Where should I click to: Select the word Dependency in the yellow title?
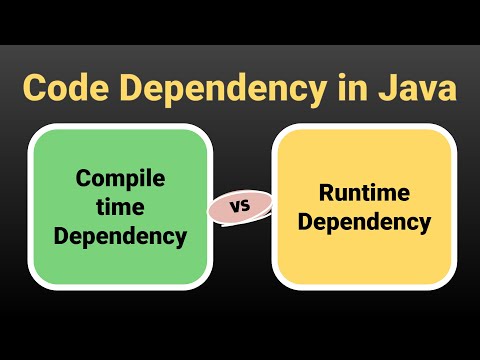(x=236, y=89)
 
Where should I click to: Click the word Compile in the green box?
(x=120, y=181)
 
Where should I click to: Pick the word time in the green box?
(x=120, y=208)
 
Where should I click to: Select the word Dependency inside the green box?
(x=120, y=236)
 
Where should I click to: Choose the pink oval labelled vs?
(x=240, y=207)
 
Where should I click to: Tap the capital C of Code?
(x=35, y=87)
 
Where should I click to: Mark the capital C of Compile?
(x=84, y=181)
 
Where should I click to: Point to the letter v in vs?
(x=235, y=207)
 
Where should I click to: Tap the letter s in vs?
(x=245, y=207)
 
